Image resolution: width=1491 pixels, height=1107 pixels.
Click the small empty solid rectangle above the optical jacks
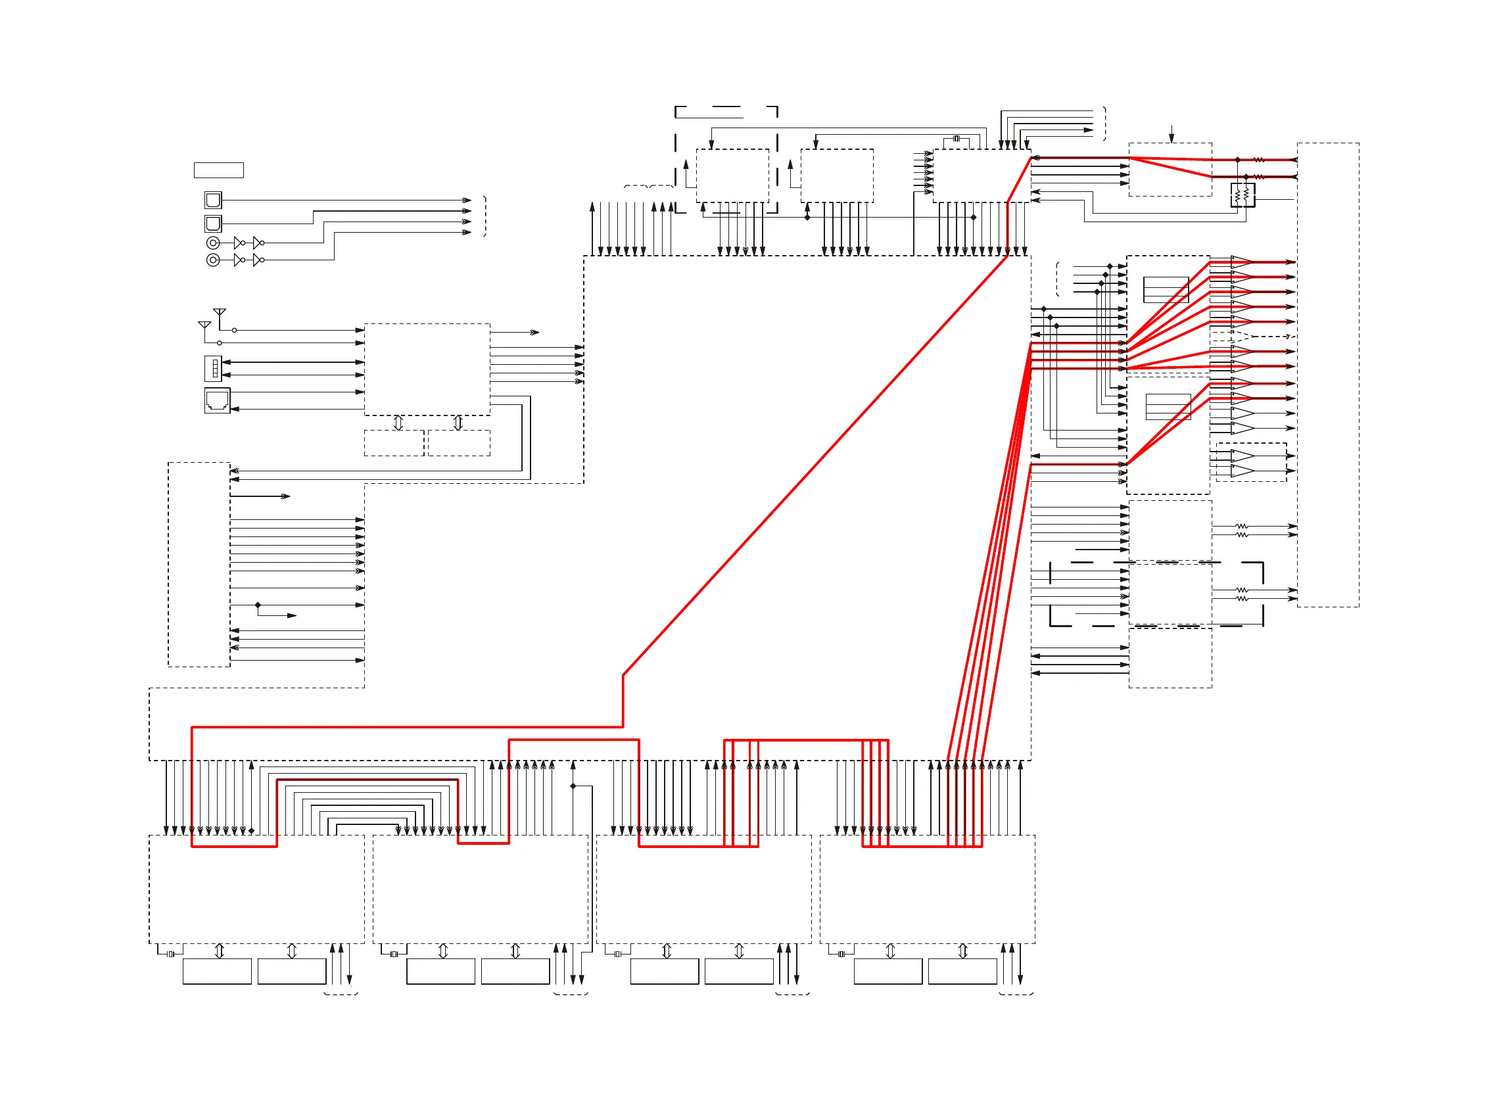pos(218,170)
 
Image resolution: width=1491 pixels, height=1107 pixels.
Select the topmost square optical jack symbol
pos(213,200)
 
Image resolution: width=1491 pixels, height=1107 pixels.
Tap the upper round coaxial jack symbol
pos(213,243)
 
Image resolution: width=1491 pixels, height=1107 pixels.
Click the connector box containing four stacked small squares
pos(214,369)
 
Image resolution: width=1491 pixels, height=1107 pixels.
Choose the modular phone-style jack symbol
pos(217,401)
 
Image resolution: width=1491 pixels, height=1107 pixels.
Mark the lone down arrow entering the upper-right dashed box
pos(1171,135)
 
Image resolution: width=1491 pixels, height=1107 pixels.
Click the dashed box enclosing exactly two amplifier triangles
pos(1251,462)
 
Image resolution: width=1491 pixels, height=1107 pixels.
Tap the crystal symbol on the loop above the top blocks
pos(957,139)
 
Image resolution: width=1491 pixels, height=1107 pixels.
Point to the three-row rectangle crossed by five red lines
pos(1166,289)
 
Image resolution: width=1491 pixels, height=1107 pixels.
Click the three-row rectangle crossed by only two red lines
pos(1168,407)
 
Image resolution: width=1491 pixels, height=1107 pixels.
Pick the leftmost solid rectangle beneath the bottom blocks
pos(217,971)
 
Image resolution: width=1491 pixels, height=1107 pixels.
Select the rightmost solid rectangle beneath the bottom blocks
pos(962,971)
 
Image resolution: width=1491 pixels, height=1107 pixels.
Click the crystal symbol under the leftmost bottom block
pos(171,954)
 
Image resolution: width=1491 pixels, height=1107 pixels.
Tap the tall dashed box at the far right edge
pos(1327,375)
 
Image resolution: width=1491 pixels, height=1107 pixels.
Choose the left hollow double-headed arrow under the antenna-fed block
pos(398,423)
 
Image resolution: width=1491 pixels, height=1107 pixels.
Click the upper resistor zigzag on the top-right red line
pos(1258,160)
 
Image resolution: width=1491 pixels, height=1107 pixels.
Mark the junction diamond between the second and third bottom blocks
pos(573,786)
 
